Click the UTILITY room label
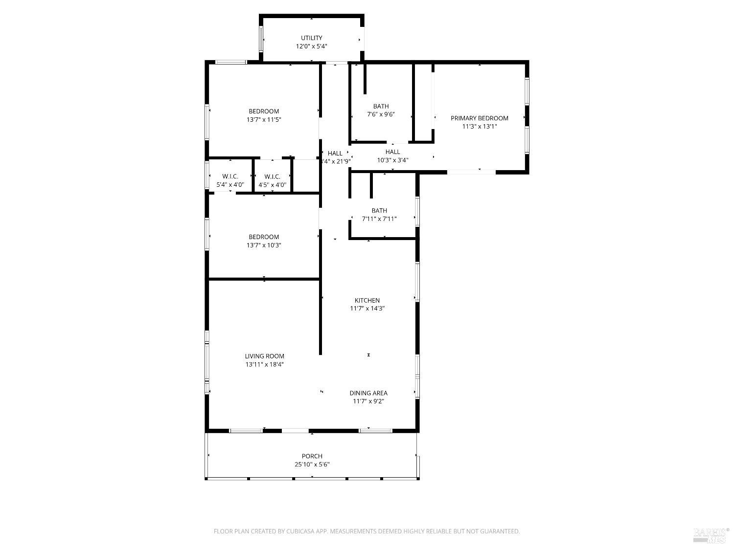pos(311,38)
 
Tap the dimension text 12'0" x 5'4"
pos(311,46)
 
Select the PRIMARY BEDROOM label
pos(479,118)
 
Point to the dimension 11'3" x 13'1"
pos(479,127)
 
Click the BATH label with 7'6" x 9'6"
pos(381,107)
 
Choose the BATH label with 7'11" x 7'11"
pos(379,211)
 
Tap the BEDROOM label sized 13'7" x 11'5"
pos(264,111)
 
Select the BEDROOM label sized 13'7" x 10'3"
pos(264,237)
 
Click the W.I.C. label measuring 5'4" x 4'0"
pos(230,176)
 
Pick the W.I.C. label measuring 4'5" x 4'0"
pos(272,176)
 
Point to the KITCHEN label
pos(367,301)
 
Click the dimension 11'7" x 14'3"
pos(367,308)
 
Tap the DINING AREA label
pos(368,393)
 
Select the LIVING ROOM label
pos(264,356)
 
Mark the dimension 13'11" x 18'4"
pos(264,365)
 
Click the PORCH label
pos(312,456)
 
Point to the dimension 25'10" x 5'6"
pos(312,464)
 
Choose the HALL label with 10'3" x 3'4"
pos(392,152)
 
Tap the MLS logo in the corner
pos(711,536)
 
